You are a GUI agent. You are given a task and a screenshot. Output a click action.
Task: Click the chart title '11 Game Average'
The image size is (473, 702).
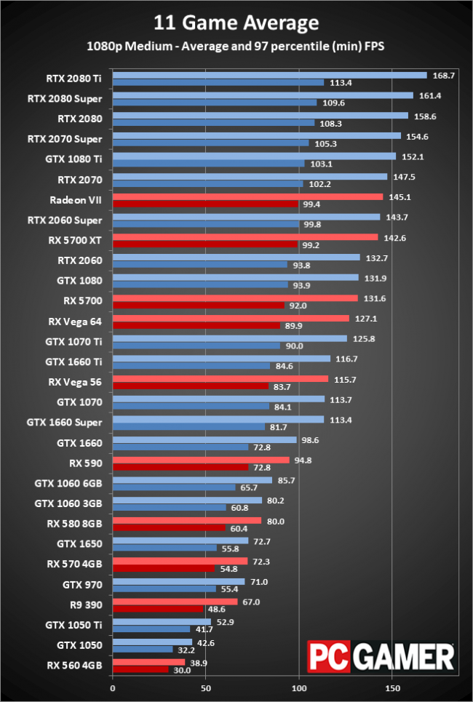pos(236,23)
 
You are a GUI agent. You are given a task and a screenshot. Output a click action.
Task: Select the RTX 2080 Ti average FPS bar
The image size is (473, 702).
pos(269,75)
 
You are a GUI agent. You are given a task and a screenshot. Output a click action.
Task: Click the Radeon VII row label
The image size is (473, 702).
pos(76,200)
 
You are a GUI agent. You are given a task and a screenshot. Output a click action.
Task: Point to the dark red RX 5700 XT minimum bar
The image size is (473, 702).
pos(205,244)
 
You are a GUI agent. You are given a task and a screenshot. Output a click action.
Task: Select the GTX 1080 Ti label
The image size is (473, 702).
pos(76,159)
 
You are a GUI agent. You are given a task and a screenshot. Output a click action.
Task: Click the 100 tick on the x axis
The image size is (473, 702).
pos(299,688)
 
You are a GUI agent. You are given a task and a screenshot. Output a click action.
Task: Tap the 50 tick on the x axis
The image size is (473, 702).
pos(206,688)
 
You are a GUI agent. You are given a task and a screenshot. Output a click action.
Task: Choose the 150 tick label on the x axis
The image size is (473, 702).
pos(392,688)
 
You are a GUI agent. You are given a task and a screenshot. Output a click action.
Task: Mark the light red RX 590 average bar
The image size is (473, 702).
pos(201,460)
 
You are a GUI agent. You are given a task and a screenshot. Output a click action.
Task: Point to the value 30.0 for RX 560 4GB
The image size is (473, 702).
pos(181,670)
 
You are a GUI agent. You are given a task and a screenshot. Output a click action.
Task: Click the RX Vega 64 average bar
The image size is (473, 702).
pos(231,318)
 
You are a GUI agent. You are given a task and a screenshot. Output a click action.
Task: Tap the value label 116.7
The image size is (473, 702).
pos(346,359)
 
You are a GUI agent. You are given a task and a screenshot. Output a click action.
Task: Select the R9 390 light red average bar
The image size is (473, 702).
pos(175,602)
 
